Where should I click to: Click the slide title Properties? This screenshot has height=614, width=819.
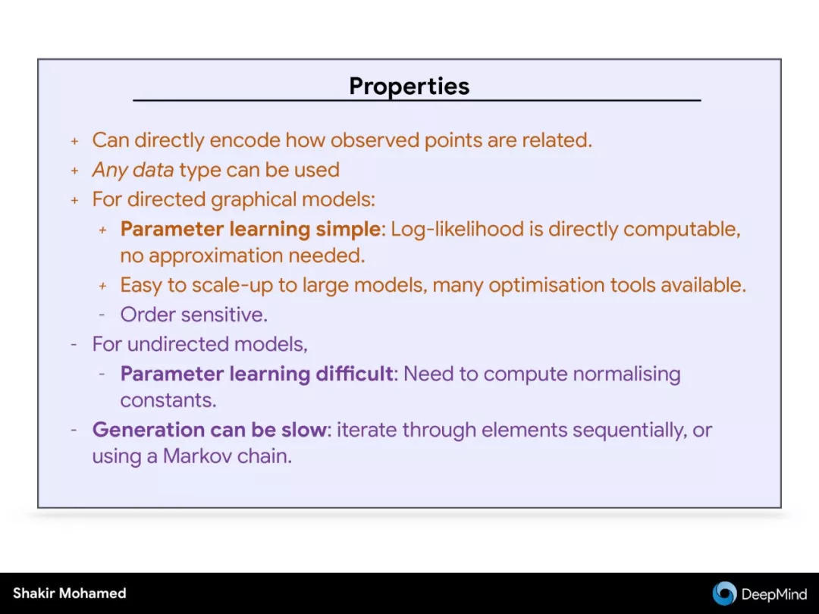click(x=409, y=86)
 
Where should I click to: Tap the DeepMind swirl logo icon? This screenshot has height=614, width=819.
click(x=724, y=594)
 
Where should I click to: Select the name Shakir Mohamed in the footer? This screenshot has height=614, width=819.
click(x=70, y=593)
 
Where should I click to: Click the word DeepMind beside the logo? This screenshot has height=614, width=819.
click(x=773, y=594)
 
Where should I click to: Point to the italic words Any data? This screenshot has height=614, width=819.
click(x=133, y=171)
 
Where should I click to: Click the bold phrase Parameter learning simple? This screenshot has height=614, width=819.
click(x=250, y=229)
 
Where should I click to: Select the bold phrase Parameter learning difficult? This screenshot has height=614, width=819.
click(x=256, y=374)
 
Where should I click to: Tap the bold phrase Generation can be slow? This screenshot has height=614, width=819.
click(x=209, y=430)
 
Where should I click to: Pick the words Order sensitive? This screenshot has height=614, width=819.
click(x=194, y=315)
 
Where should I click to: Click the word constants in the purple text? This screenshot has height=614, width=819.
click(x=168, y=400)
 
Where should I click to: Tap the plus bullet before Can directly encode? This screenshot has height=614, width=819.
click(x=74, y=141)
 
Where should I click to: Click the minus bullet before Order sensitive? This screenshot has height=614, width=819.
click(x=102, y=315)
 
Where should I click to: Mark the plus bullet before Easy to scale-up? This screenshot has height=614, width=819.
click(x=103, y=286)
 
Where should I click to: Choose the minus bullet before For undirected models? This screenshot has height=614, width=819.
click(x=74, y=345)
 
